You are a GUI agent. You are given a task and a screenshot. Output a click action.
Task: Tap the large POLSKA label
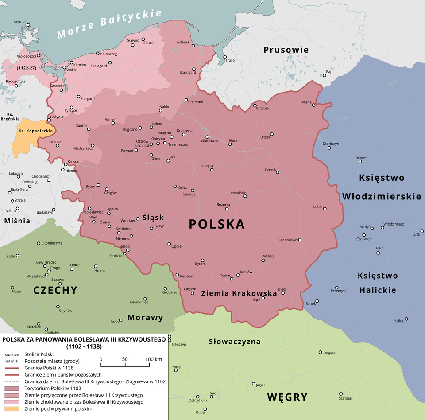pyautogui.click(x=216, y=224)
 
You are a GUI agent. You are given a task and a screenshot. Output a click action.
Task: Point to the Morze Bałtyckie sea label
pyautogui.click(x=110, y=25)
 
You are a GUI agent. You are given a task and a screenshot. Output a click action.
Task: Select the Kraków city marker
pyautogui.click(x=238, y=275)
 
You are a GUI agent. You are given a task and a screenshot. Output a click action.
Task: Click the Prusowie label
pyautogui.click(x=286, y=50)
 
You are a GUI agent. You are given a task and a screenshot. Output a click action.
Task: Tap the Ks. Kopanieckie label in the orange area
pyautogui.click(x=36, y=131)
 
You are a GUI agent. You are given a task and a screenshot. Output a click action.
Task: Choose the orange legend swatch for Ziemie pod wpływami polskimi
pyautogui.click(x=11, y=409)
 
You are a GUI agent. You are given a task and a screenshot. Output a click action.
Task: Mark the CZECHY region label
pyautogui.click(x=55, y=290)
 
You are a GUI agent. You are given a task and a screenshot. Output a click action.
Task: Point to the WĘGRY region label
pyautogui.click(x=287, y=397)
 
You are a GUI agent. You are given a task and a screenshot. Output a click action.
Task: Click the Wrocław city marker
pyautogui.click(x=138, y=218)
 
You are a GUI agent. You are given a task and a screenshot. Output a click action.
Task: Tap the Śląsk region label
pyautogui.click(x=153, y=218)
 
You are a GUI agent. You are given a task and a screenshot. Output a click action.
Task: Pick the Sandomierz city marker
pyautogui.click(x=300, y=240)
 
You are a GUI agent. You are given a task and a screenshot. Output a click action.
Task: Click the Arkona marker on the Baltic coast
pyautogui.click(x=28, y=25)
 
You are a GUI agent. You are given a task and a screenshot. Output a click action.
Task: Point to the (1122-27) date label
pyautogui.click(x=26, y=68)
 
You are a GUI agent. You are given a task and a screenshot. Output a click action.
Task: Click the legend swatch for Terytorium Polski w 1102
pyautogui.click(x=11, y=388)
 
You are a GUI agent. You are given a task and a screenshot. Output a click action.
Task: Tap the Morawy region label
pyautogui.click(x=145, y=318)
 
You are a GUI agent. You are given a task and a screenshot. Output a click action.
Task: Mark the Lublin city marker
pyautogui.click(x=325, y=209)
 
